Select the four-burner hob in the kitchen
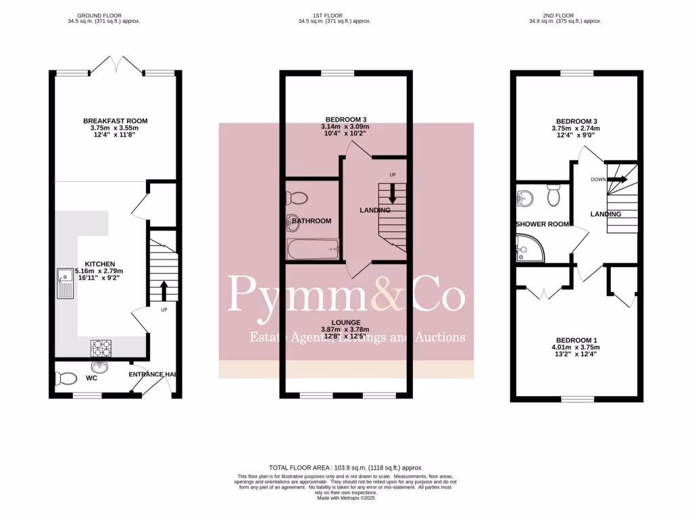101,347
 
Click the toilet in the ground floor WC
67,378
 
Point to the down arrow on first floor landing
392,197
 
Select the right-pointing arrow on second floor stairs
617,180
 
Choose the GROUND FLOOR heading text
100,15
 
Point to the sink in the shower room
525,198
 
